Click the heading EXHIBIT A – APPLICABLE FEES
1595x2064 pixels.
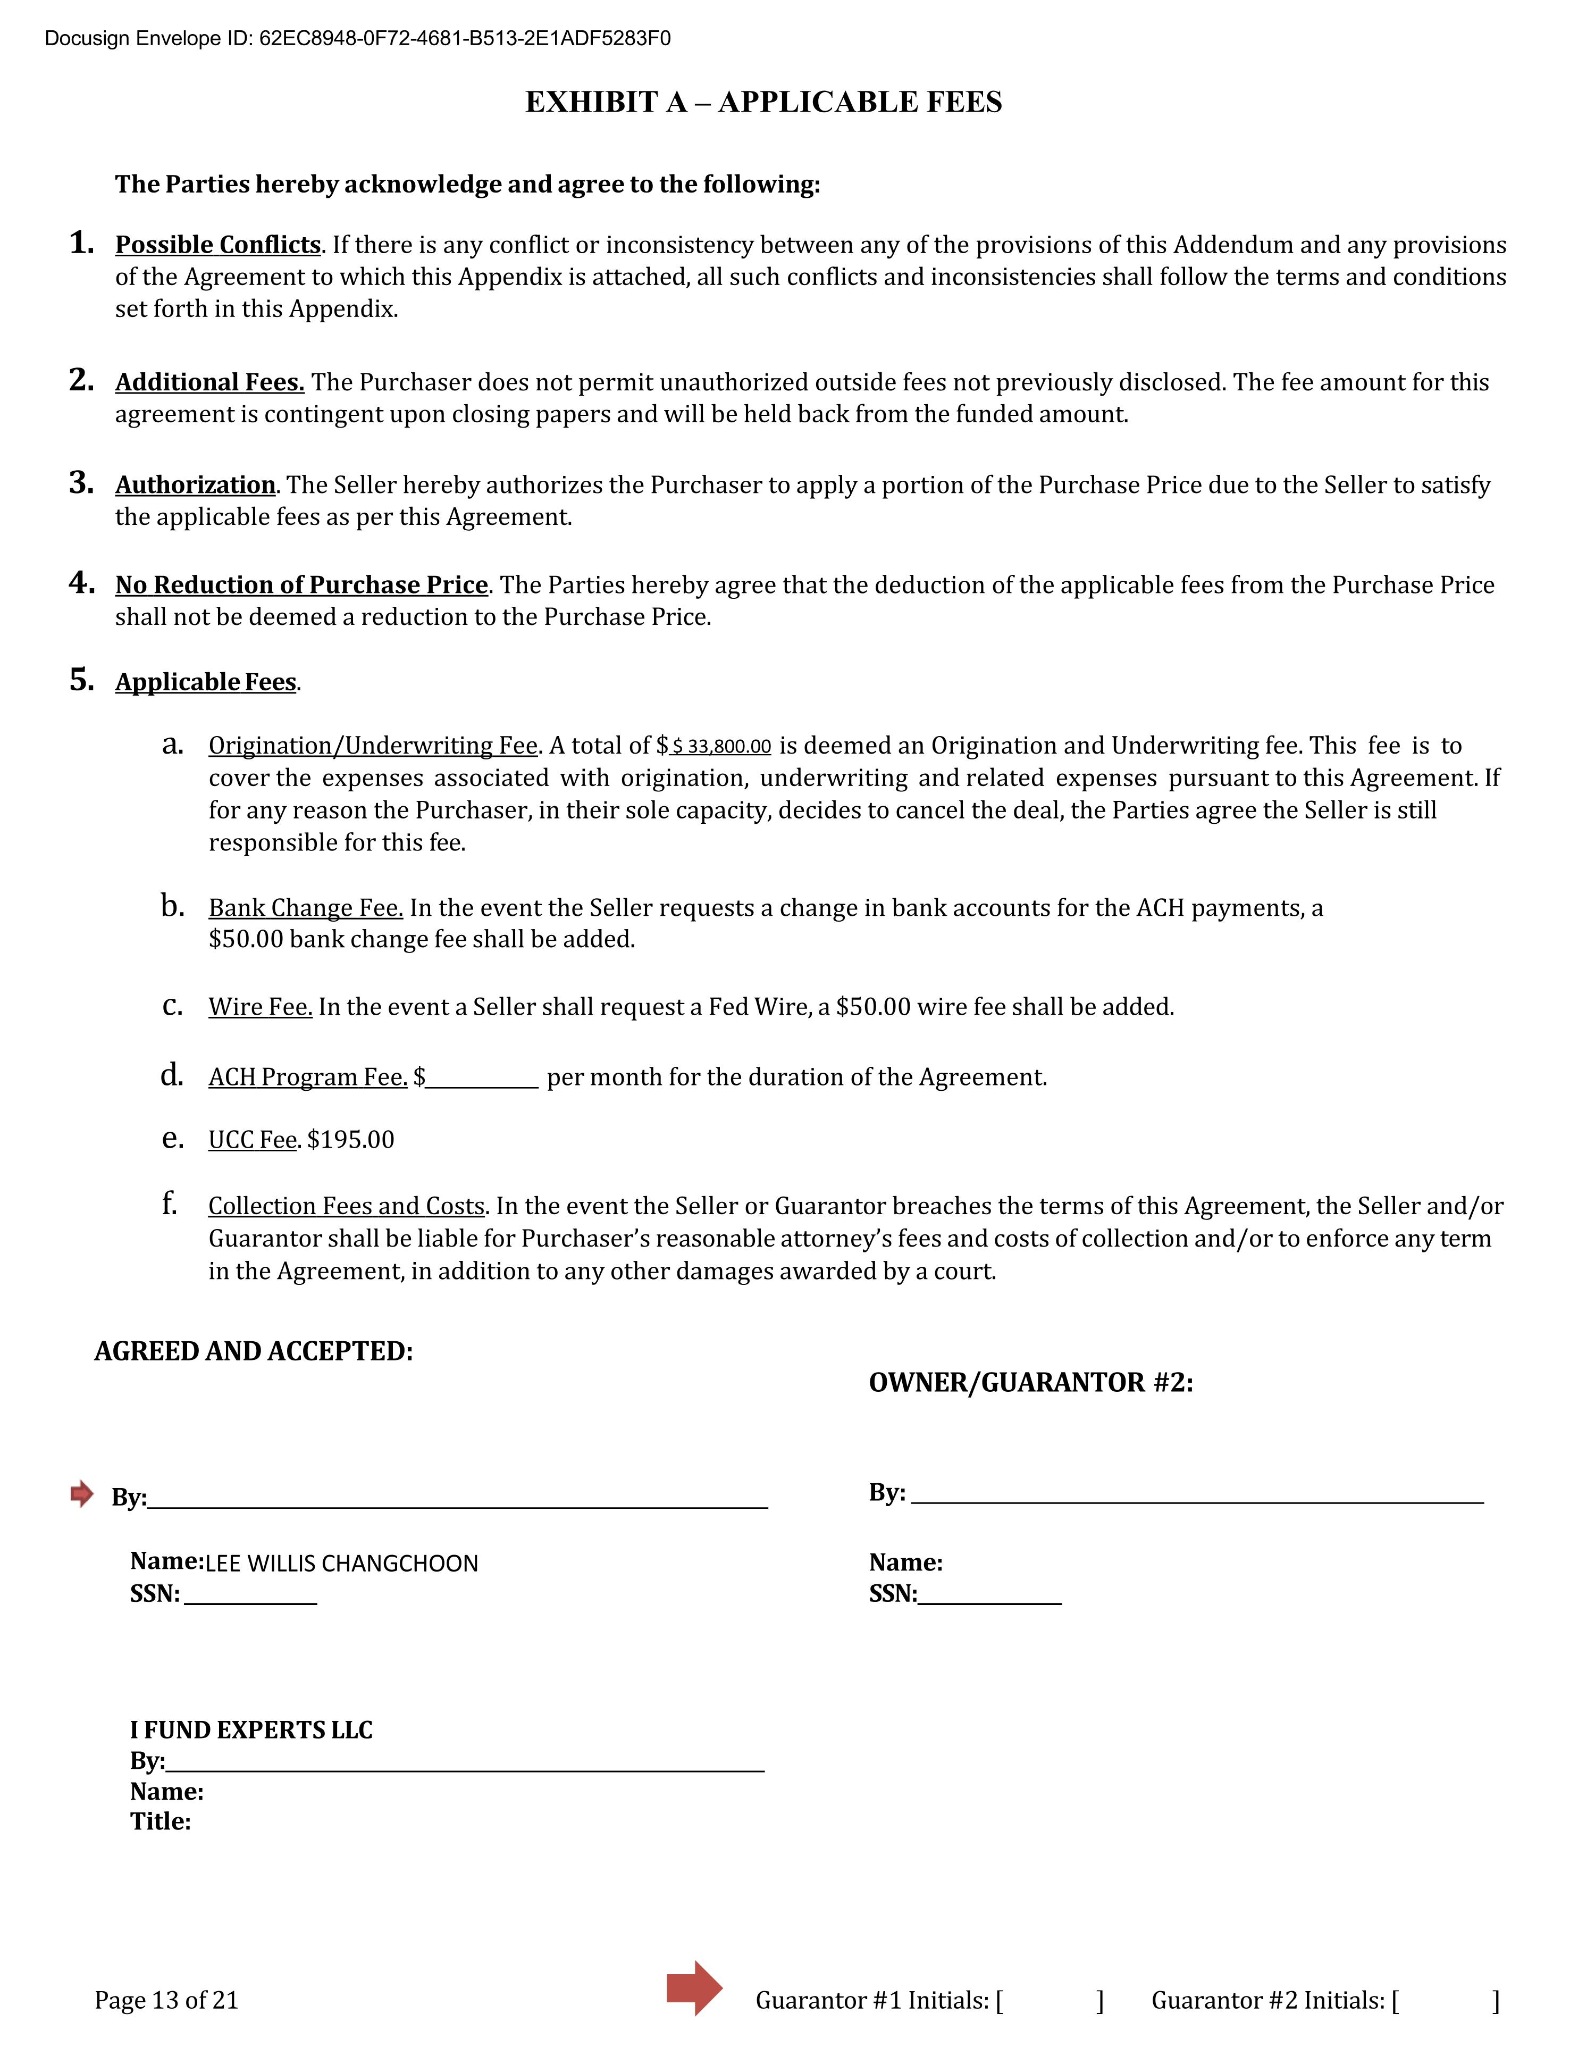coord(763,102)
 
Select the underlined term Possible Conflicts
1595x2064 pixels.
coord(217,245)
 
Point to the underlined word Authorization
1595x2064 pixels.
coord(195,485)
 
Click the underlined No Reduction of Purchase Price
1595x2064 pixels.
coord(301,585)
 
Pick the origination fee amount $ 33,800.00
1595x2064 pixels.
coord(721,747)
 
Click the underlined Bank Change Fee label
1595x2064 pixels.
coord(305,908)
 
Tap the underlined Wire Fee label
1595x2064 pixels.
coord(260,1007)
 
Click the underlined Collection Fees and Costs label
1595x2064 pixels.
coord(346,1207)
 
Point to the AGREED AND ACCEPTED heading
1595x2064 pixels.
coord(253,1351)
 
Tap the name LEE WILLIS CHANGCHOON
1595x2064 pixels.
coord(341,1564)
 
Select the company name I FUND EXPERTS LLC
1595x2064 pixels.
coord(251,1731)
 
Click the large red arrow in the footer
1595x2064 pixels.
coord(694,1988)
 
